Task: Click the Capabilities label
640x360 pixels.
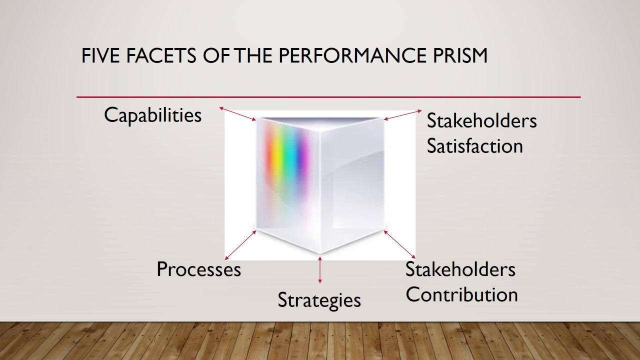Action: pyautogui.click(x=152, y=115)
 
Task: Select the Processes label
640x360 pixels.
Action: pyautogui.click(x=198, y=269)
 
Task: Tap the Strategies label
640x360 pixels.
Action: pyautogui.click(x=319, y=300)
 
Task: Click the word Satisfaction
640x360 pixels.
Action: pyautogui.click(x=474, y=146)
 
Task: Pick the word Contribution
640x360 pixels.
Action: pyautogui.click(x=461, y=294)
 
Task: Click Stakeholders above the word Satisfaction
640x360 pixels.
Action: pyautogui.click(x=481, y=121)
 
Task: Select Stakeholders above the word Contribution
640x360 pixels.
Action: pyautogui.click(x=460, y=269)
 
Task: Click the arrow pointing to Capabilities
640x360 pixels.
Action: pyautogui.click(x=238, y=113)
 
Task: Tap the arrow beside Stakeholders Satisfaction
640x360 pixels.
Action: pyautogui.click(x=402, y=115)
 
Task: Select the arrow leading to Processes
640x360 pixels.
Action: pyautogui.click(x=240, y=245)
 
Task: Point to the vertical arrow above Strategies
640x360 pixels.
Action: pyautogui.click(x=320, y=270)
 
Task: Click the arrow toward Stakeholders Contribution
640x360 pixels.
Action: pyautogui.click(x=399, y=244)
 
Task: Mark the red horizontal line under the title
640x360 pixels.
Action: pyautogui.click(x=328, y=97)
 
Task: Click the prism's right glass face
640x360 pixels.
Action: pyautogui.click(x=352, y=185)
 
